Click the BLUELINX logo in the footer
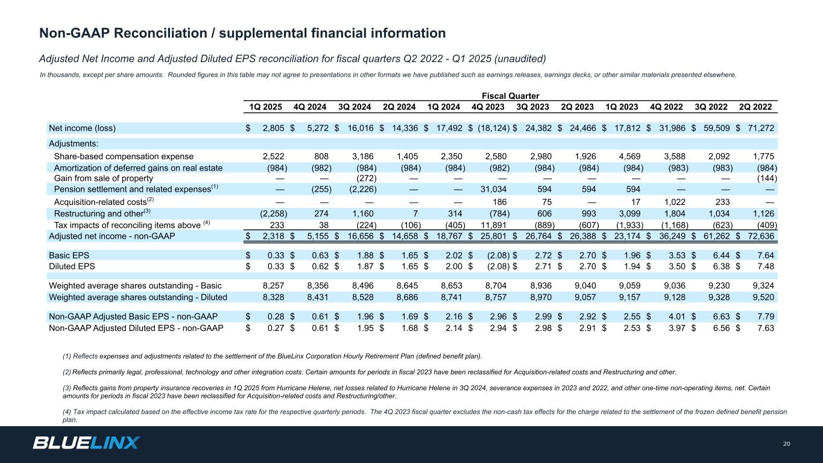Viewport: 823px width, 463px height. click(86, 443)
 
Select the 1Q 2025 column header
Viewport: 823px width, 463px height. click(266, 107)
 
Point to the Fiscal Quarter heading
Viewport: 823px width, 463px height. click(510, 96)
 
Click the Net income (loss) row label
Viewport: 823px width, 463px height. click(82, 128)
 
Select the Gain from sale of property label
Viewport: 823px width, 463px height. click(104, 178)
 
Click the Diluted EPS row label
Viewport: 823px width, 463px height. click(72, 265)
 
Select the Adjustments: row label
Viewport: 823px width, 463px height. click(74, 143)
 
